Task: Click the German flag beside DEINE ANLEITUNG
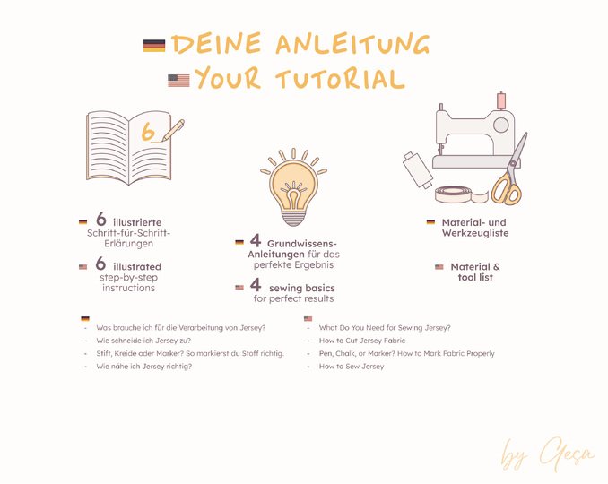154,46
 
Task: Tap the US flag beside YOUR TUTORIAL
178,81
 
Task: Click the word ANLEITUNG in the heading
352,44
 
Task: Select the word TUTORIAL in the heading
341,80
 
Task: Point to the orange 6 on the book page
148,132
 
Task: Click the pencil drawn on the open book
173,130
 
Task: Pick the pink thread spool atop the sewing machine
501,100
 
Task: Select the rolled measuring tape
460,194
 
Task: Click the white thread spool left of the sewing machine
418,170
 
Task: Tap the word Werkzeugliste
475,233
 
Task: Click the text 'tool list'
475,278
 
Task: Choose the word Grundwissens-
302,244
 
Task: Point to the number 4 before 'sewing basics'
256,285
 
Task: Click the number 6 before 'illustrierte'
100,219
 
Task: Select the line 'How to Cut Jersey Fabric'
361,341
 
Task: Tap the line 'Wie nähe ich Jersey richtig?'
143,367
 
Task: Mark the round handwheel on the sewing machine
501,125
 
